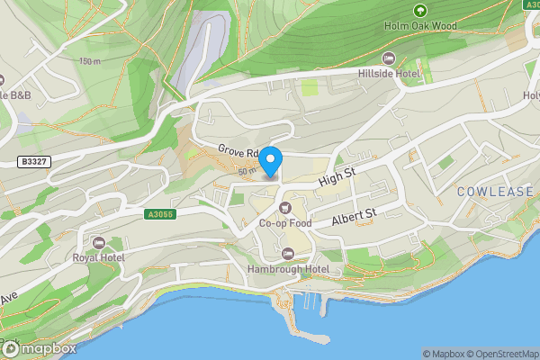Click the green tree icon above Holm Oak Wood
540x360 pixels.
coord(419,11)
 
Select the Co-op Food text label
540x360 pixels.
coord(285,223)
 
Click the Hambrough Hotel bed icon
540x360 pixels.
coord(288,253)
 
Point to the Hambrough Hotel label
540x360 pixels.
coord(289,268)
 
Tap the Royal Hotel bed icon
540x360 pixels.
coord(98,243)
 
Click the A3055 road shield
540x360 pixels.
coord(160,214)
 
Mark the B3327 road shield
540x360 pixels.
coord(31,162)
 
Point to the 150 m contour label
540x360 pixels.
coord(90,61)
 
